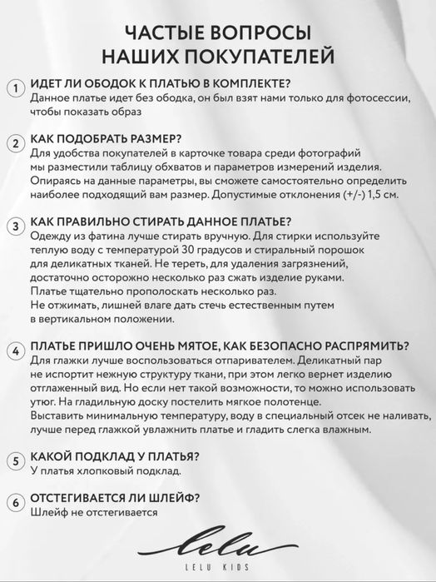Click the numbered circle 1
coord(15,89)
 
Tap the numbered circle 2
coord(15,144)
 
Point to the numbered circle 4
coord(15,351)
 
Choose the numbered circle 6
coord(15,502)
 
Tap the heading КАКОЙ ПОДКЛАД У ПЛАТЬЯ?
coord(114,456)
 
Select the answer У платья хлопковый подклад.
coord(105,471)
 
